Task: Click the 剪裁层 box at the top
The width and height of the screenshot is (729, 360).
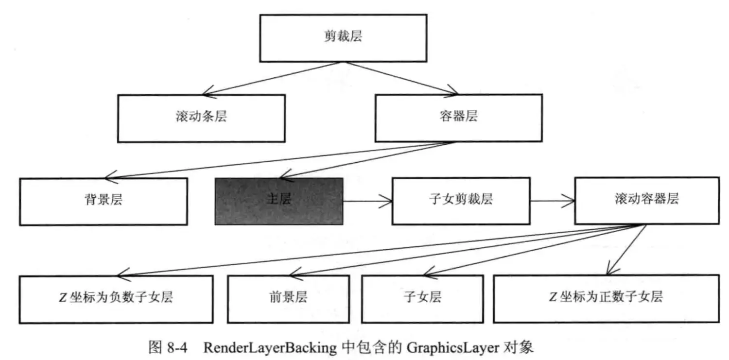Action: pos(343,38)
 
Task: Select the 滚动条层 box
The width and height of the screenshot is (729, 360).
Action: pos(201,118)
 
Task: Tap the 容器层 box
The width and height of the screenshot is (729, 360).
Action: pos(458,117)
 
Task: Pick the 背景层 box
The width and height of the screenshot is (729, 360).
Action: pos(104,201)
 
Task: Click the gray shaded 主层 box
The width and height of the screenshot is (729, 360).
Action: pos(279,201)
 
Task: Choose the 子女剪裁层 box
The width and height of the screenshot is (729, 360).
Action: pos(460,200)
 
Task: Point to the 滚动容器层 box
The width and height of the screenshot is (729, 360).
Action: pos(646,200)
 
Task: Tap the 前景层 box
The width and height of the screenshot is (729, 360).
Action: pos(288,298)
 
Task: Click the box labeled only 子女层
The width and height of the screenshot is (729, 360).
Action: pos(422,298)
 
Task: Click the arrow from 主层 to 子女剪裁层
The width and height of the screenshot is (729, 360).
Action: pos(367,201)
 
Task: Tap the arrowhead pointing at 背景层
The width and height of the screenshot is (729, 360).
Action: pos(111,176)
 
